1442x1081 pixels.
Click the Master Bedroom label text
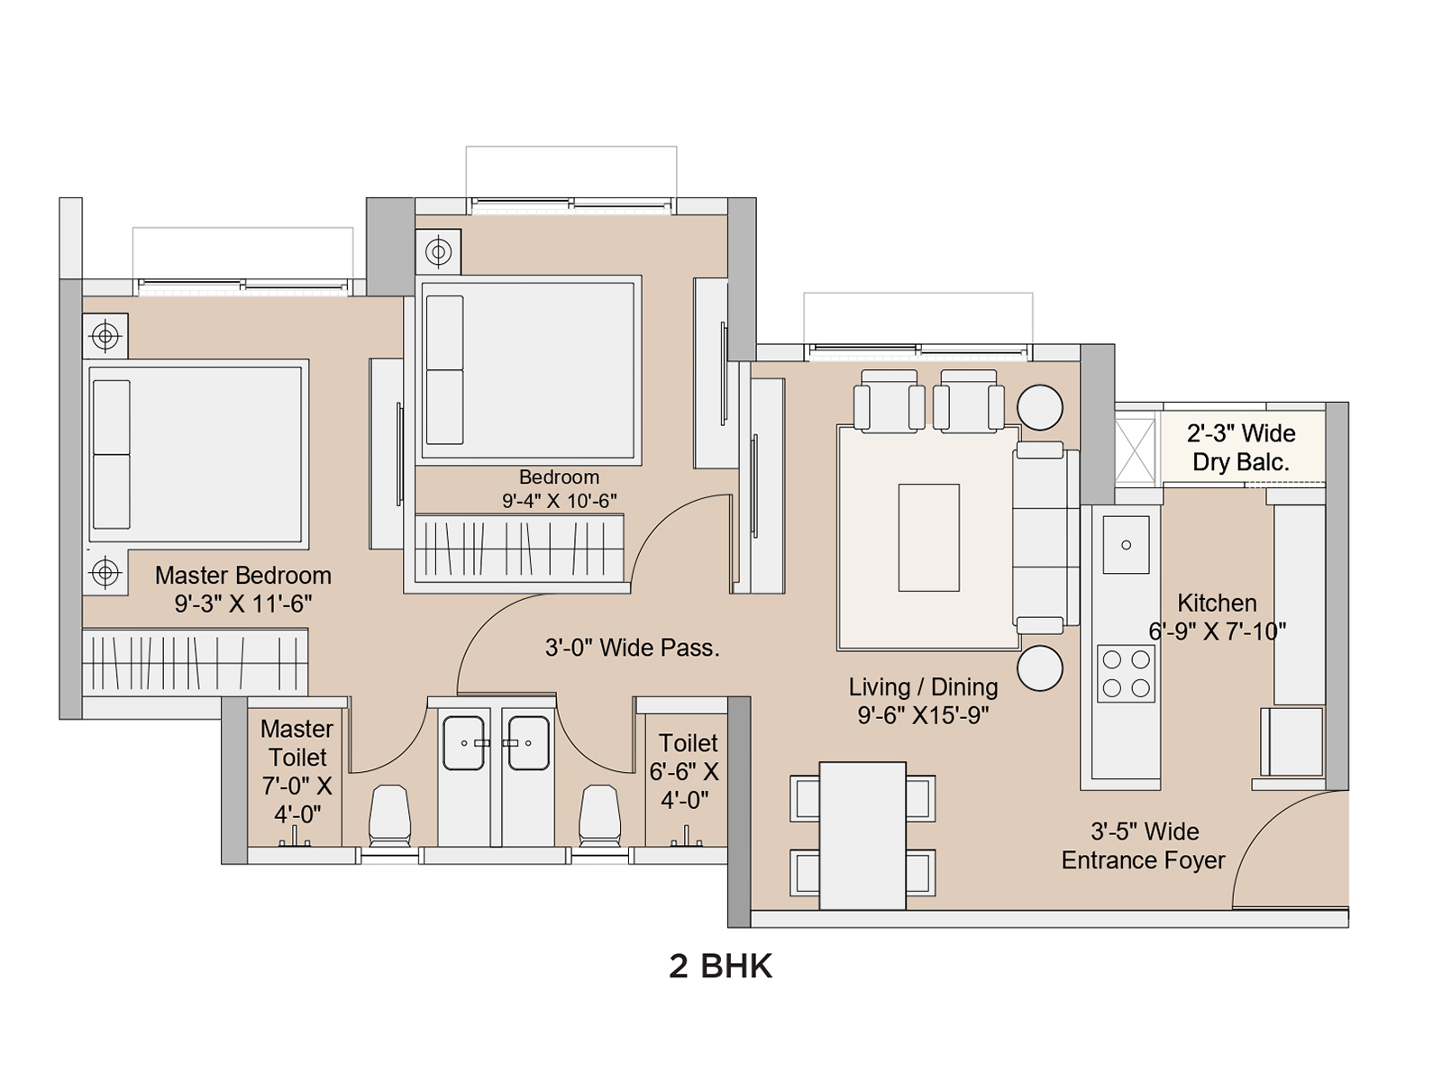[243, 576]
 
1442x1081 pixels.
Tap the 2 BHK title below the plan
[721, 966]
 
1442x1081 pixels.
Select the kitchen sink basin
[1126, 545]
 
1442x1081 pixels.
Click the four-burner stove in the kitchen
[1126, 674]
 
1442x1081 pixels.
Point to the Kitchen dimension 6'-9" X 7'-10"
[1218, 631]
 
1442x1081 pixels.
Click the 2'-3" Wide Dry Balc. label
[1241, 448]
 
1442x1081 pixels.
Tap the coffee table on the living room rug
[929, 538]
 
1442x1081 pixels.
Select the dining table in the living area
[862, 836]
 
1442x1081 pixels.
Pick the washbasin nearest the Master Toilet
[464, 743]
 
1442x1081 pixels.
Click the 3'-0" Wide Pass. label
[632, 648]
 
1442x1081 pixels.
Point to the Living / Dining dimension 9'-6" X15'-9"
[923, 714]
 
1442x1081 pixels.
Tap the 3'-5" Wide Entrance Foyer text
[1144, 845]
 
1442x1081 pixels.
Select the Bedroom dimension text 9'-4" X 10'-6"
[559, 501]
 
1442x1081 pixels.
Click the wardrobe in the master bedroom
[195, 662]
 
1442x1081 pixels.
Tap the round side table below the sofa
[1040, 668]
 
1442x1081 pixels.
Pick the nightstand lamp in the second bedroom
[438, 251]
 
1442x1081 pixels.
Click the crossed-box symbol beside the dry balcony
[1136, 450]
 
